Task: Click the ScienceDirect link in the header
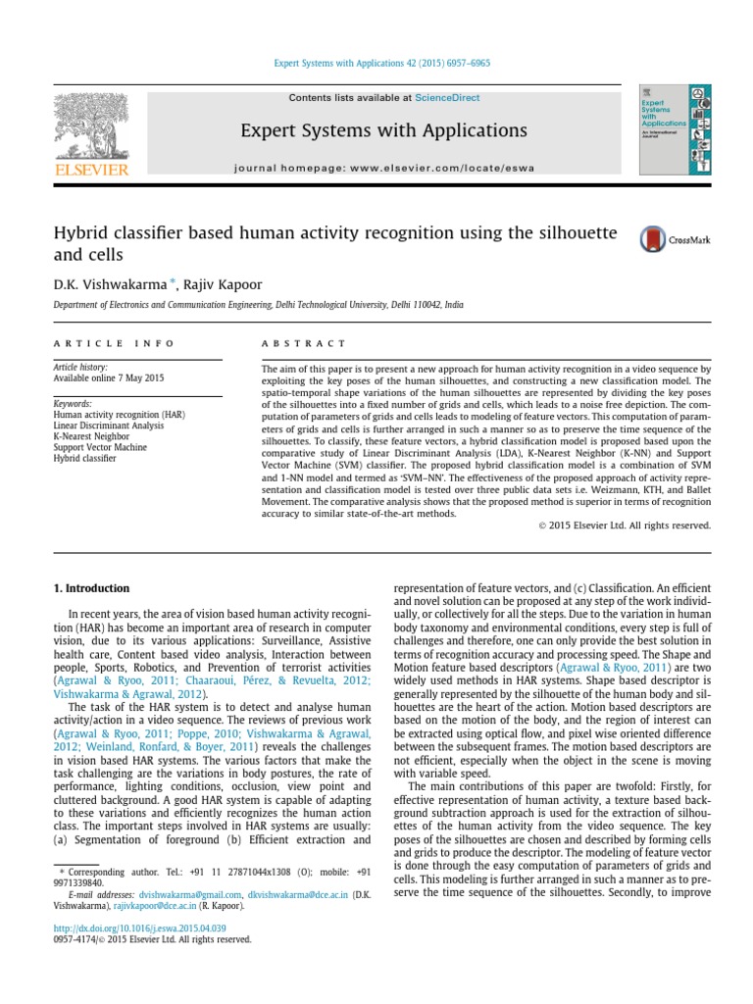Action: coord(444,98)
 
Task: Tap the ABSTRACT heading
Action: coord(303,343)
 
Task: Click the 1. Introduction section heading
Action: coord(90,588)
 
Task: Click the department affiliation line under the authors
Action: coord(258,305)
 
